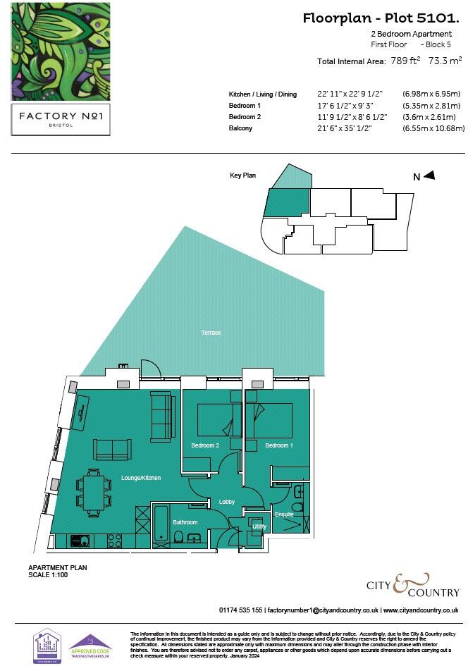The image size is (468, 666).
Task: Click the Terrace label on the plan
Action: [211, 333]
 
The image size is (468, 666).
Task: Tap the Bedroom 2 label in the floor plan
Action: [205, 445]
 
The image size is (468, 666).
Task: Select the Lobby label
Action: [226, 502]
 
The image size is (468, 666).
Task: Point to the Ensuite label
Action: [284, 514]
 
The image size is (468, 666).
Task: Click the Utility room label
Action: [259, 526]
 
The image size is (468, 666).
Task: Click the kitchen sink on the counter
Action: [80, 541]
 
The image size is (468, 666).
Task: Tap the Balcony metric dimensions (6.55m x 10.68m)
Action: [433, 128]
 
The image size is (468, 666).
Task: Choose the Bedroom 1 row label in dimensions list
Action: [245, 106]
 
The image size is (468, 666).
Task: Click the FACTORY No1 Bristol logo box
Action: [60, 119]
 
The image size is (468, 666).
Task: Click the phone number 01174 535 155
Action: [241, 610]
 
